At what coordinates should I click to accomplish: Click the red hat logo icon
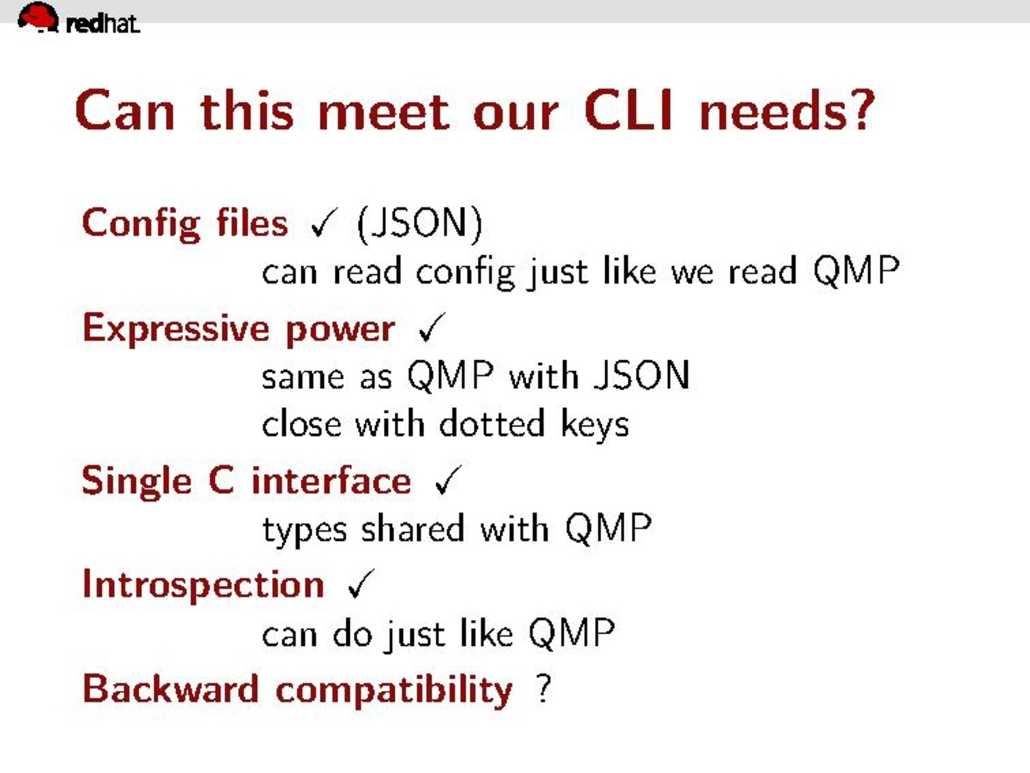coord(38,17)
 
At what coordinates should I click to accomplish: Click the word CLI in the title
coord(629,111)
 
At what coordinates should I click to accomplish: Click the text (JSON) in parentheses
coord(419,224)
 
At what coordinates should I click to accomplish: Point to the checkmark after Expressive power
coord(432,327)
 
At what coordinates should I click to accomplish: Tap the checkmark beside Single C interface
coord(449,480)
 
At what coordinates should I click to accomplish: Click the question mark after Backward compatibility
coord(543,688)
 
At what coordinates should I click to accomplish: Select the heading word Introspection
coord(203,586)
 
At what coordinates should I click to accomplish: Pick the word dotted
coord(492,424)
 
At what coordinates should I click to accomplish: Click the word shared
coord(413,528)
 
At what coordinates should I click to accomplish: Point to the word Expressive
coord(176,329)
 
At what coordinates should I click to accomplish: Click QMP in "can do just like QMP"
coord(572,634)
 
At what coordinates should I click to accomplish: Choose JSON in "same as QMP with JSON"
coord(641,375)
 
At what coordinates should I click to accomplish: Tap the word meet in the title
coord(385,113)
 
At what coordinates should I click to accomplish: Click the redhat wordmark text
coord(103,24)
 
